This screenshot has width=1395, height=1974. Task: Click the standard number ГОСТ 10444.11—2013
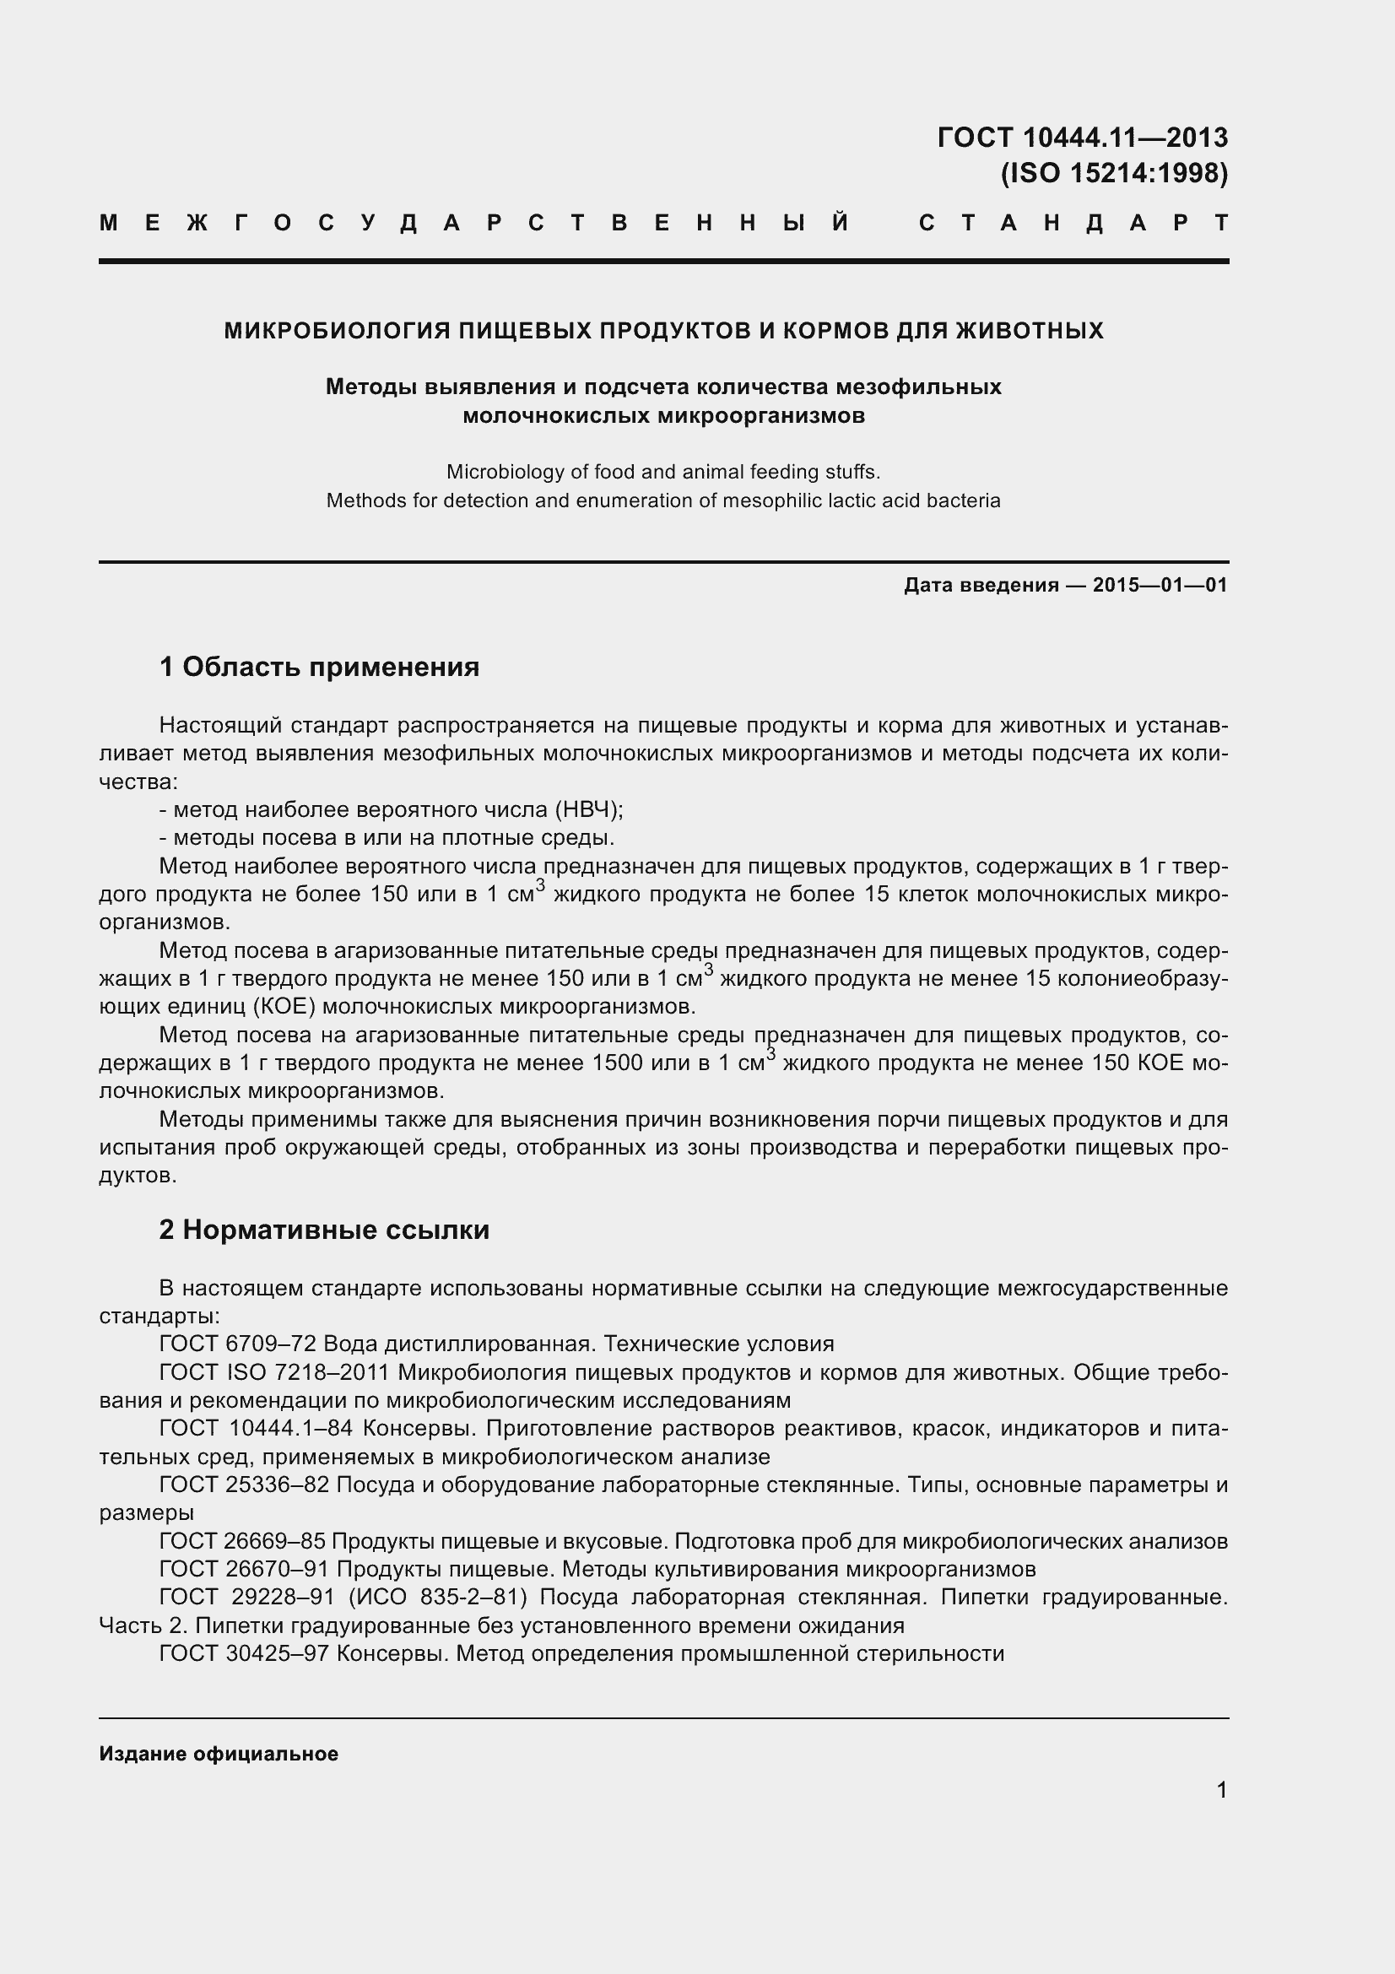1082,138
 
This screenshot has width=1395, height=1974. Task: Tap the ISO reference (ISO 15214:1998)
1114,174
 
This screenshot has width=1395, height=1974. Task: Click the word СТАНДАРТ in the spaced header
1073,224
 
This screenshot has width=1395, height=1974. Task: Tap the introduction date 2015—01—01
1160,586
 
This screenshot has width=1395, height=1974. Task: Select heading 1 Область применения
319,667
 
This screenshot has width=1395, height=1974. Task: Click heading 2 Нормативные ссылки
324,1230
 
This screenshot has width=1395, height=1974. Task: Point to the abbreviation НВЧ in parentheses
586,810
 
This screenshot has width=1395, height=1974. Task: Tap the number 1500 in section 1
617,1063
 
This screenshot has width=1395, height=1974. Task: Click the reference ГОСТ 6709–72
238,1344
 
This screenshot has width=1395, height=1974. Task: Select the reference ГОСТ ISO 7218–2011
274,1373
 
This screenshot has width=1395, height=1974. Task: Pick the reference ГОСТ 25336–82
244,1485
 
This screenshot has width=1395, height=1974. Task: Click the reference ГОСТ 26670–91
244,1569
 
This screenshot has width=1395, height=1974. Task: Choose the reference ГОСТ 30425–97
244,1653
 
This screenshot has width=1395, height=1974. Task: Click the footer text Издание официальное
219,1754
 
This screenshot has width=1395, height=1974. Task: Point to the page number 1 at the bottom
1221,1791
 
